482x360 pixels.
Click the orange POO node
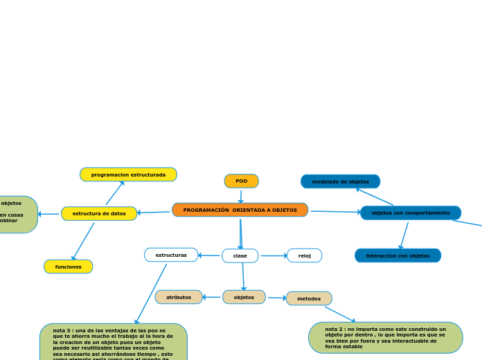241,181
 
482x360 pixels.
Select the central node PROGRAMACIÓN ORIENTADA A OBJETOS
240,210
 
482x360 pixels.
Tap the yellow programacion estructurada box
128,174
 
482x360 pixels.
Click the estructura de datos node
99,214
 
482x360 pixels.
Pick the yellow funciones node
68,267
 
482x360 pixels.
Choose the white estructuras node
171,255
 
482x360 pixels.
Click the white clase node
240,256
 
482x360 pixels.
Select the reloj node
304,255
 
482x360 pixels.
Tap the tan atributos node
179,297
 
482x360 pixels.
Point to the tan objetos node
244,297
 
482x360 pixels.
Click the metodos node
309,298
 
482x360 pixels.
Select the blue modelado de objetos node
340,181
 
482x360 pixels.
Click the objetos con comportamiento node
410,213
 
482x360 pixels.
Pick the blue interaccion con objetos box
398,255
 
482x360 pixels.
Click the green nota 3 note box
113,341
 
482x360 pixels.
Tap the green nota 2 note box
385,337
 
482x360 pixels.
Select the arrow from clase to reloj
273,255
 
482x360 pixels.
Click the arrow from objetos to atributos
212,297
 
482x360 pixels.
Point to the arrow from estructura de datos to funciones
83,241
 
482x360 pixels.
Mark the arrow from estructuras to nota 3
151,294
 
